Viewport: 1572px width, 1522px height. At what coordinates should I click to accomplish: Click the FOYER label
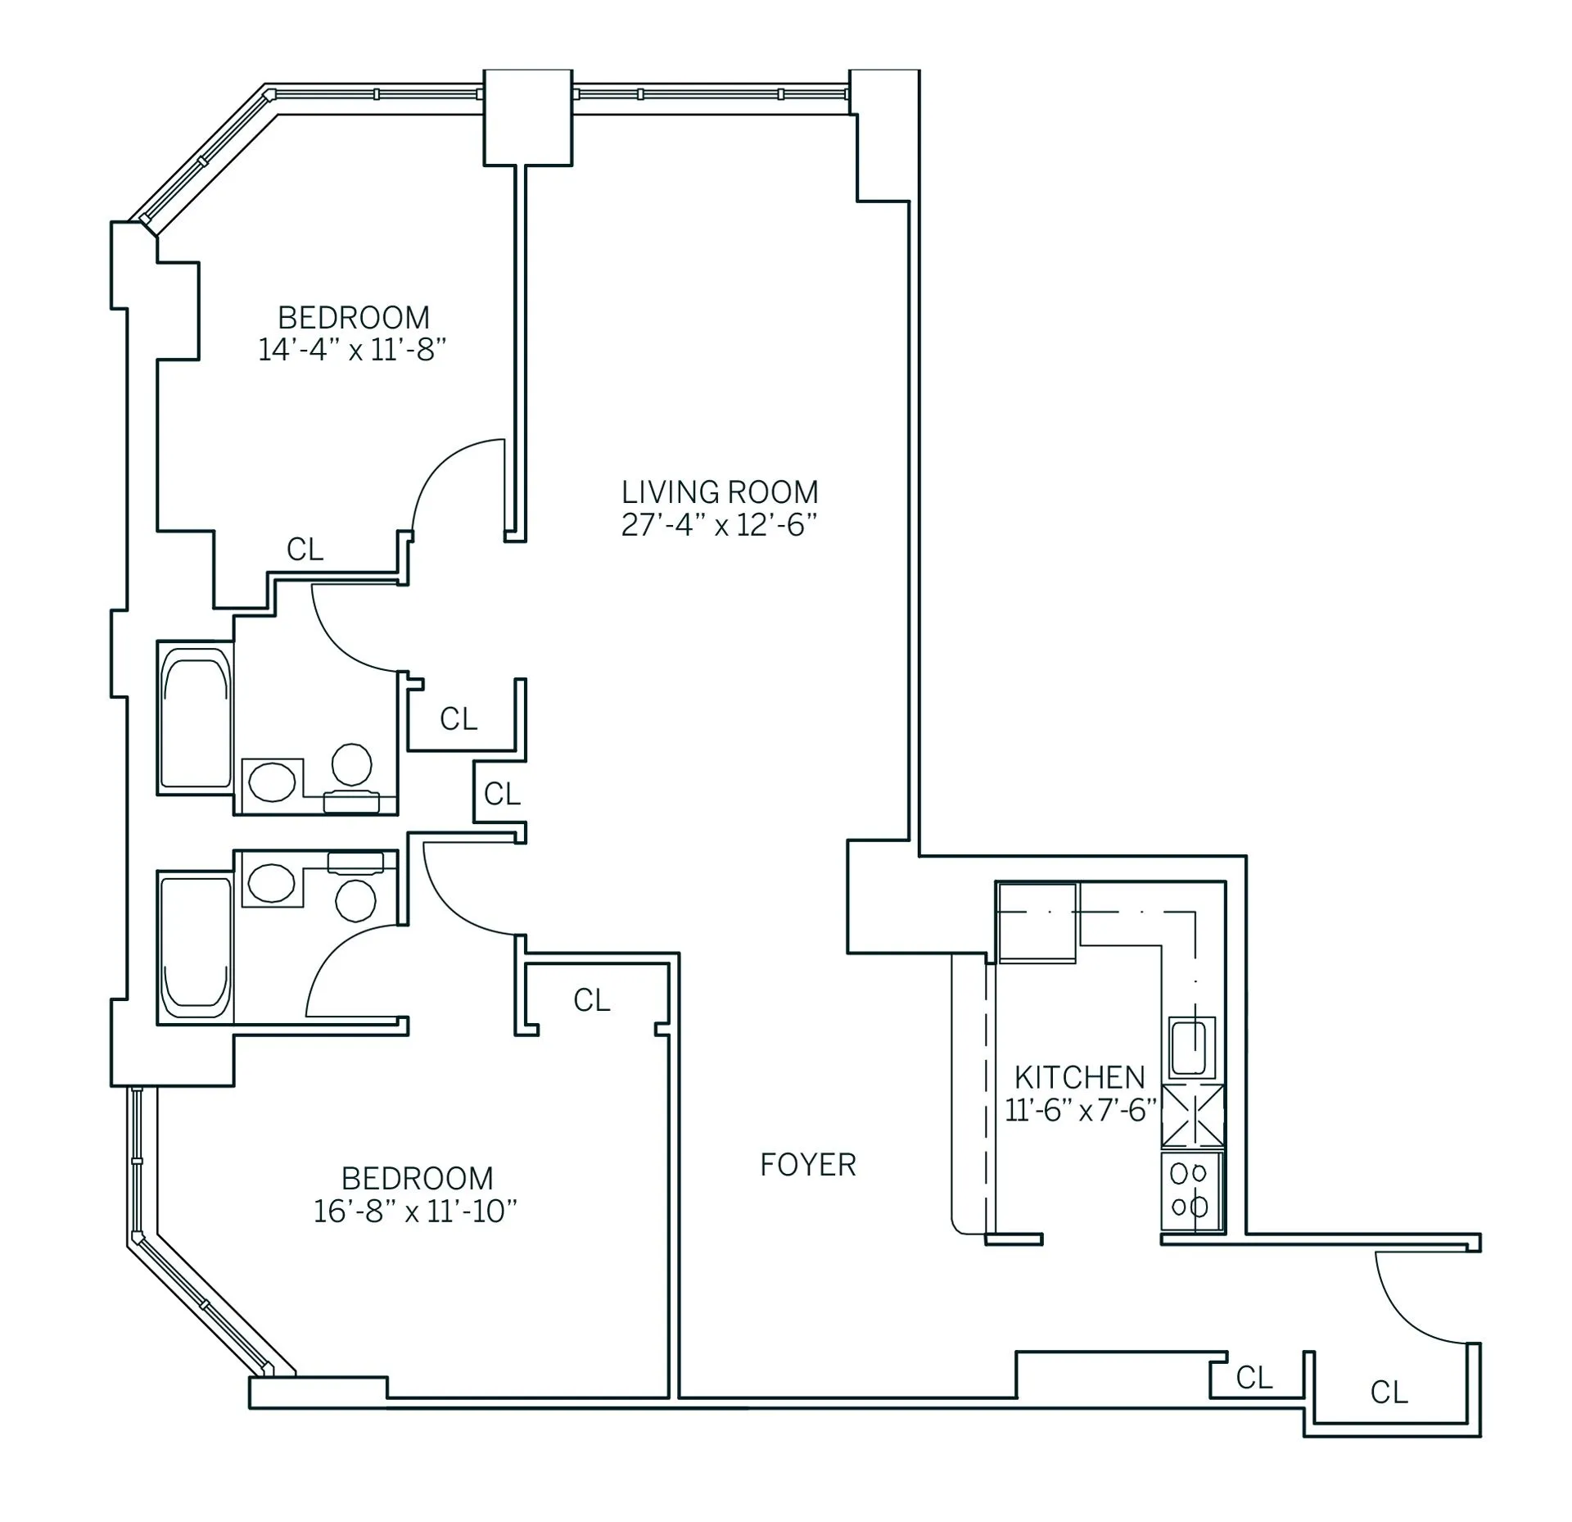(x=807, y=1164)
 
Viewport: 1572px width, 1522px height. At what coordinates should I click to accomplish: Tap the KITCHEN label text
(x=1079, y=1076)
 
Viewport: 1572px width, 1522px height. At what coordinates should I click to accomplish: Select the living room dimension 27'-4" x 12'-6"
(x=719, y=525)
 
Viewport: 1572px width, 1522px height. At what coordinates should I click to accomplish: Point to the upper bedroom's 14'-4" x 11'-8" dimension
(x=352, y=351)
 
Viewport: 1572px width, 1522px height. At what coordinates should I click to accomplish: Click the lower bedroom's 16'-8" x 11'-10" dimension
(x=415, y=1211)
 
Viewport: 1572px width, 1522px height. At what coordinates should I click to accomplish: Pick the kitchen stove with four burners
(x=1190, y=1190)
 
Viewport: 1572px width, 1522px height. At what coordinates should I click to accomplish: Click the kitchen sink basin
(x=1190, y=1047)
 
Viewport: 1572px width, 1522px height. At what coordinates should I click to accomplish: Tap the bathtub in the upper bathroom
(x=195, y=718)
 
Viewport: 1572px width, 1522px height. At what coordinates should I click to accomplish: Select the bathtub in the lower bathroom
(x=195, y=948)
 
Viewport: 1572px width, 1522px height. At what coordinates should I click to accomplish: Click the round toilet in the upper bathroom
(x=352, y=764)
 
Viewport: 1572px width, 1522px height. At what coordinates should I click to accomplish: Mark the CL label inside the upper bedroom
(x=305, y=550)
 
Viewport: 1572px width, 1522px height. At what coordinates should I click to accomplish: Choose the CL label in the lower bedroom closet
(x=591, y=1000)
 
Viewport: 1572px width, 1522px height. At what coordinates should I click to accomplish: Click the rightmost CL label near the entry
(x=1389, y=1392)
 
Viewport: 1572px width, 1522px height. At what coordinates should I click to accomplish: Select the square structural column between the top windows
(x=527, y=118)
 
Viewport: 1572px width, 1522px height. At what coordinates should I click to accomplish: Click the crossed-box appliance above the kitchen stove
(x=1192, y=1115)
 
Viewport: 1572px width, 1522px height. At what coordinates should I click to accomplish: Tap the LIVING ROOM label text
(x=719, y=492)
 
